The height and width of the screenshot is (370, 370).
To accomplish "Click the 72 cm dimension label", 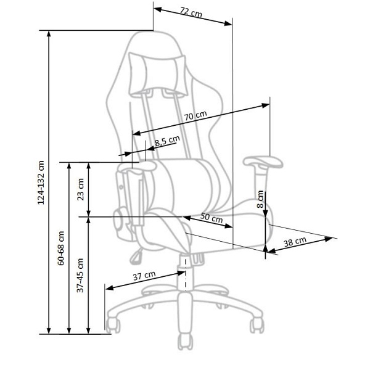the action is tap(191, 12).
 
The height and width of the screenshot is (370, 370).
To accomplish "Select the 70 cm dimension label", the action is tap(195, 116).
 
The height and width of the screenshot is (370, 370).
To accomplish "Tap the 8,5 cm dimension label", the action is tap(167, 141).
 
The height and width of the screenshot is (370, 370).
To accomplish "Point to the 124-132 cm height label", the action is tap(41, 183).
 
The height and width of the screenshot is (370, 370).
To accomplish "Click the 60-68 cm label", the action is tap(61, 248).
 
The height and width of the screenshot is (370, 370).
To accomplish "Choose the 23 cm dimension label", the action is tap(81, 189).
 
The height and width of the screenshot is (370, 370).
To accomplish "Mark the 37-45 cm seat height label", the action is tap(80, 276).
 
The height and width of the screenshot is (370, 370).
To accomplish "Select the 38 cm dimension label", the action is tap(295, 242).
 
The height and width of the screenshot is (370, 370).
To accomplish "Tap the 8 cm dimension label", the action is tap(260, 199).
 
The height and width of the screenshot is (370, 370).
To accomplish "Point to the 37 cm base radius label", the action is tap(144, 276).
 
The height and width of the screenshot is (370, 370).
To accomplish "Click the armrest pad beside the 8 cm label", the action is tap(263, 162).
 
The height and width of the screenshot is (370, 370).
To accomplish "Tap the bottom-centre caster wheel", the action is tap(186, 342).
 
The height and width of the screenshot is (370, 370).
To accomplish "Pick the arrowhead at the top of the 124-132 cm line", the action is tap(49, 34).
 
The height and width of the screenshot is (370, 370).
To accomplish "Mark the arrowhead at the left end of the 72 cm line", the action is tap(157, 10).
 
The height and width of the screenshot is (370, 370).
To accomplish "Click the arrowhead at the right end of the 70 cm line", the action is tap(265, 105).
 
